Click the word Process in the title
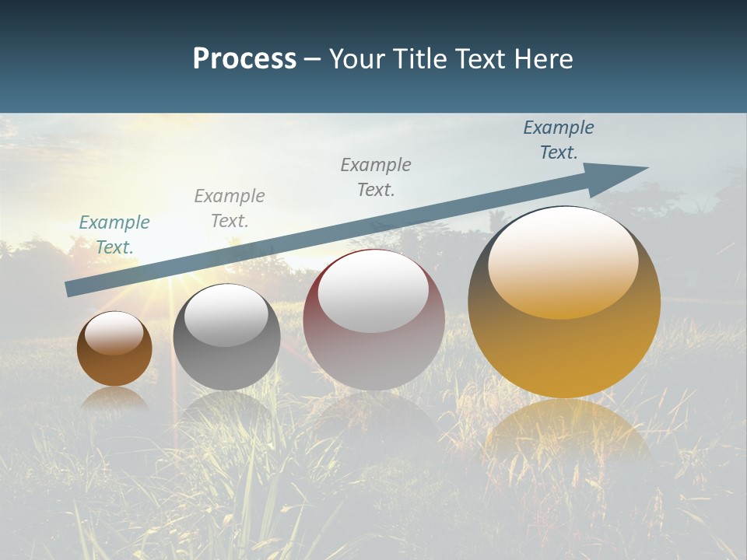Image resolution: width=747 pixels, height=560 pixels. pos(244,59)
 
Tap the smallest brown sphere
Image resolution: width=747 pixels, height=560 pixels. pos(114,366)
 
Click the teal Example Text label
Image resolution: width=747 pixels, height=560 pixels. pos(114,234)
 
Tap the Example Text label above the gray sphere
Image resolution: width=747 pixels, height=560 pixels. pos(230,208)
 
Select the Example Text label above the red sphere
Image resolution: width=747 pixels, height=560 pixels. pos(376,177)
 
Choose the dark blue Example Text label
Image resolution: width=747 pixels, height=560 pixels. pos(559,140)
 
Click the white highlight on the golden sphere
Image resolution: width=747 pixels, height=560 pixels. pos(563,261)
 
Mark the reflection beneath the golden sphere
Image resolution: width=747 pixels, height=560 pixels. pos(566,436)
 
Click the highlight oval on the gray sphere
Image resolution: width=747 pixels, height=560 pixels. pos(226,315)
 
